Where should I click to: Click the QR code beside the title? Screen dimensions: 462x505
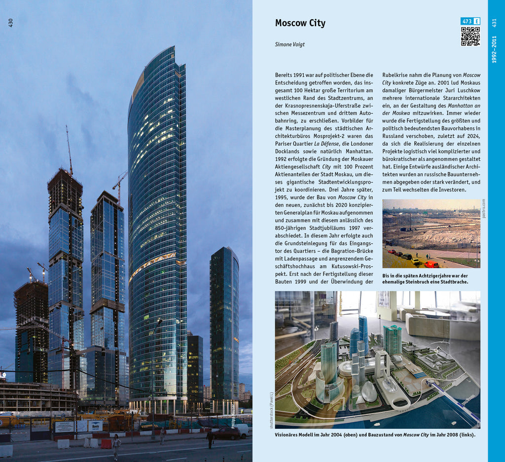[x=470, y=37]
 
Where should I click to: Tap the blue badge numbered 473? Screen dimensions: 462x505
[x=467, y=21]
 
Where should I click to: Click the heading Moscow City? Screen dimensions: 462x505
[x=300, y=23]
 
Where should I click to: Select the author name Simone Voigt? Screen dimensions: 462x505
[x=289, y=44]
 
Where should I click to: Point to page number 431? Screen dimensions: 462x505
[x=494, y=23]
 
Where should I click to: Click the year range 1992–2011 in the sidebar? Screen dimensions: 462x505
[x=494, y=49]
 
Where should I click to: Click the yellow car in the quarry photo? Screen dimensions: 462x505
[x=415, y=261]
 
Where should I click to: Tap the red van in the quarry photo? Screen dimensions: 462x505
[x=432, y=265]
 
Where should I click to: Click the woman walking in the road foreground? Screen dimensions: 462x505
[x=116, y=446]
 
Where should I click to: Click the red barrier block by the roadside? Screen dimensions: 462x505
[x=106, y=443]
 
